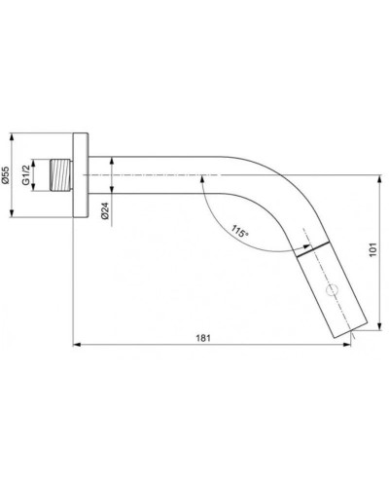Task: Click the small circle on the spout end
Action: (334, 289)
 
